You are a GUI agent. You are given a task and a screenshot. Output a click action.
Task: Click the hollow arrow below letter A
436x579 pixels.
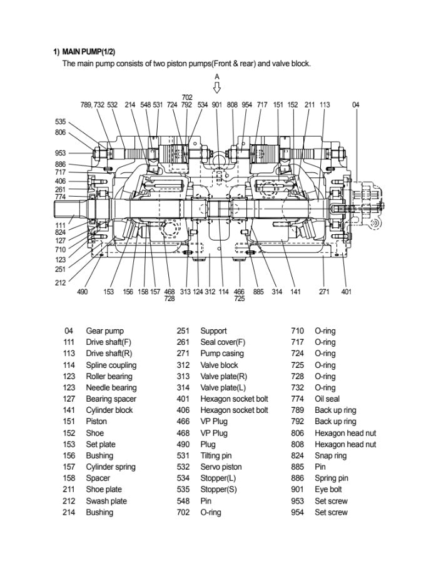(x=217, y=87)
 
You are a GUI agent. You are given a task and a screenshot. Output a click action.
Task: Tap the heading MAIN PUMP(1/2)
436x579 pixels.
(x=87, y=51)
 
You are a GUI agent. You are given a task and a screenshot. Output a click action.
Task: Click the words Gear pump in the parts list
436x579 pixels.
(x=104, y=331)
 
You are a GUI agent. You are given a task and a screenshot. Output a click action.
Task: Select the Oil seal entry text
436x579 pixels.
(x=327, y=399)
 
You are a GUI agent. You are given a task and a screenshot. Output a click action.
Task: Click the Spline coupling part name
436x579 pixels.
(x=111, y=365)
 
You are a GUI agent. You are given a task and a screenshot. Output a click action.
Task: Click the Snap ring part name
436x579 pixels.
(x=330, y=456)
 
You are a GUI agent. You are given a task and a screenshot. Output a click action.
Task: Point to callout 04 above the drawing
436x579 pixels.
(x=356, y=105)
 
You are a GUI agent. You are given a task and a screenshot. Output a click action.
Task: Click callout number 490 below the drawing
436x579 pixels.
(x=82, y=292)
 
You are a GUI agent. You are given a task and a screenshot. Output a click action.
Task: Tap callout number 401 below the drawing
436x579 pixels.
(x=346, y=292)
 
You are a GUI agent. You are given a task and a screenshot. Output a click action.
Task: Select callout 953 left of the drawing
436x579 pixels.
(x=60, y=153)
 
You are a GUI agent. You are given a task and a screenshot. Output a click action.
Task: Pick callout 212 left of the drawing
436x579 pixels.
(x=60, y=282)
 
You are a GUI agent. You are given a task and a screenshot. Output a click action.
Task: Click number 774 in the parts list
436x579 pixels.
(x=298, y=399)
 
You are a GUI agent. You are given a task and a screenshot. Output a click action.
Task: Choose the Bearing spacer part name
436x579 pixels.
(x=111, y=399)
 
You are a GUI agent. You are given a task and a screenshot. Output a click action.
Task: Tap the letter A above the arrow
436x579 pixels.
(x=217, y=76)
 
